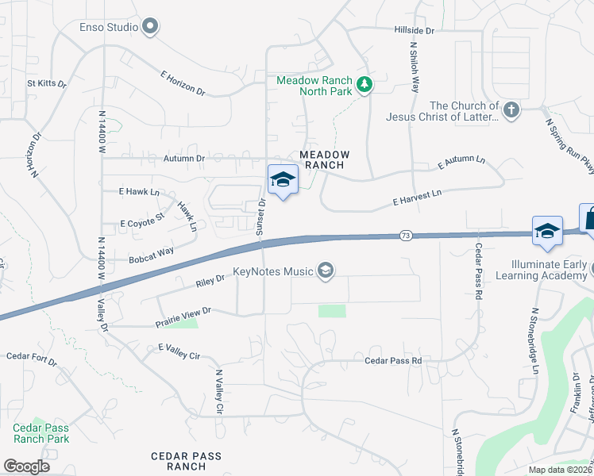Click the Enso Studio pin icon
[149, 27]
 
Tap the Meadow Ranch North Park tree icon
[364, 85]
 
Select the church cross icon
[511, 109]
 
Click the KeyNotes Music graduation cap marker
[325, 272]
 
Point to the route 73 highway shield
[406, 236]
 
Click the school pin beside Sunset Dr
[283, 182]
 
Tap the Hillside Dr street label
[415, 30]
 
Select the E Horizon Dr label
[183, 83]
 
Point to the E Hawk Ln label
[139, 192]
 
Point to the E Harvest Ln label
[418, 198]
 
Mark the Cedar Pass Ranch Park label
[41, 433]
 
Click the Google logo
[26, 466]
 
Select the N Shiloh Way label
[414, 67]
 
